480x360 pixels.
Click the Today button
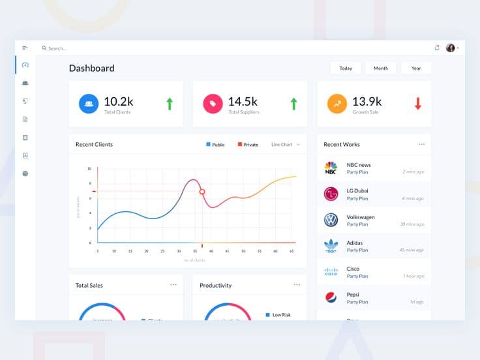click(346, 68)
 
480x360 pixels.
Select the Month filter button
click(381, 68)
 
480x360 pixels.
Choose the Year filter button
click(416, 68)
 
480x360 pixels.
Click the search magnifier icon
click(44, 48)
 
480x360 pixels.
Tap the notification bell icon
click(437, 48)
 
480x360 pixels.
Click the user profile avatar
click(450, 48)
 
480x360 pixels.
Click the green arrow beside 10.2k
click(170, 103)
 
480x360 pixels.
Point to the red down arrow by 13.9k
click(418, 103)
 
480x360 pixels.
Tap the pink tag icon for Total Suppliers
click(213, 104)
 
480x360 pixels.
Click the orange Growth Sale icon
click(337, 104)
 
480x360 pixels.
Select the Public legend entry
click(215, 145)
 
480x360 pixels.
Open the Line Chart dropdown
click(286, 145)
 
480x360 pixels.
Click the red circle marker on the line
click(202, 192)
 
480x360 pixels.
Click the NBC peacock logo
click(331, 168)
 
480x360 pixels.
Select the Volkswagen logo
click(331, 220)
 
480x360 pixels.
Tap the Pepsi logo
click(331, 297)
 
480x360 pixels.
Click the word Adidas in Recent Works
click(355, 243)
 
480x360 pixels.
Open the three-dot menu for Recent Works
click(421, 144)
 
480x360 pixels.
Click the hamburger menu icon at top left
click(25, 48)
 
